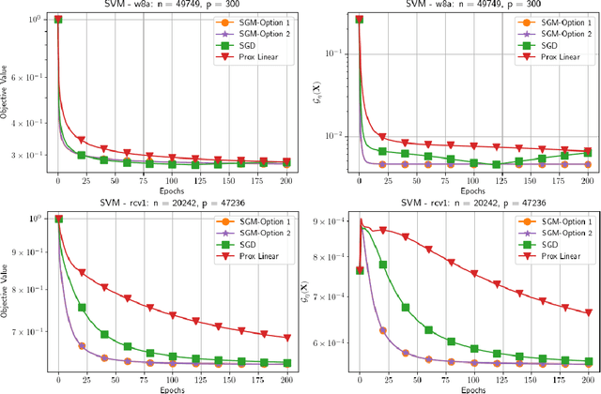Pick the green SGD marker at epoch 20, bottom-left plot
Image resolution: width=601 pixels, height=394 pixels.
click(x=81, y=307)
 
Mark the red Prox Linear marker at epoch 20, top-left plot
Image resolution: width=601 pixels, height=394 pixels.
click(x=81, y=140)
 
